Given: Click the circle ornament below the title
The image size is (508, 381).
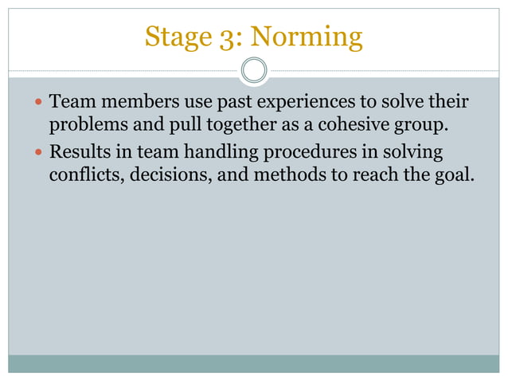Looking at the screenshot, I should tap(254, 70).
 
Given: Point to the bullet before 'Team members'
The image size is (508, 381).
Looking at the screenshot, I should tap(39, 104).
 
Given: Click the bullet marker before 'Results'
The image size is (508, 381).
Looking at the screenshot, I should tap(39, 152).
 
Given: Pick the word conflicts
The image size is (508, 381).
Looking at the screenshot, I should tap(83, 174).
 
